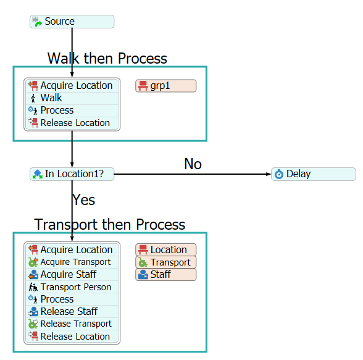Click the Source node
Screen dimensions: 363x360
72,22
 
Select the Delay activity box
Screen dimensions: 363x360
314,174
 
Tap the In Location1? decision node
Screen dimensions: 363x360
72,174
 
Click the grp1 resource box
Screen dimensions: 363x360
165,86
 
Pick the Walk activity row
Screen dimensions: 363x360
72,98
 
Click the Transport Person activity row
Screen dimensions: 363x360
72,287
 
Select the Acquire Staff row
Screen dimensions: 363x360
72,275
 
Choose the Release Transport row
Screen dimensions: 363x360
72,324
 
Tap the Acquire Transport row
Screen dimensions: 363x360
72,262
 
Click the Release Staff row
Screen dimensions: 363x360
72,312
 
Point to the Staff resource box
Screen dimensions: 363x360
165,275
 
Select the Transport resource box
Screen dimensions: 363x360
165,262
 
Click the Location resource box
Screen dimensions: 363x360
165,250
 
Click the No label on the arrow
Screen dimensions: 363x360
193,164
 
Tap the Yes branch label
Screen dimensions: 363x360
83,200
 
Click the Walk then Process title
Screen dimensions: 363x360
107,58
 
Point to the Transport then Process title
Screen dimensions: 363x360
109,224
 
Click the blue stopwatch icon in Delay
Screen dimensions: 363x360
279,174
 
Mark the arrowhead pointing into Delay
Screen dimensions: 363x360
269,174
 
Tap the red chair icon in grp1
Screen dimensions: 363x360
143,86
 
